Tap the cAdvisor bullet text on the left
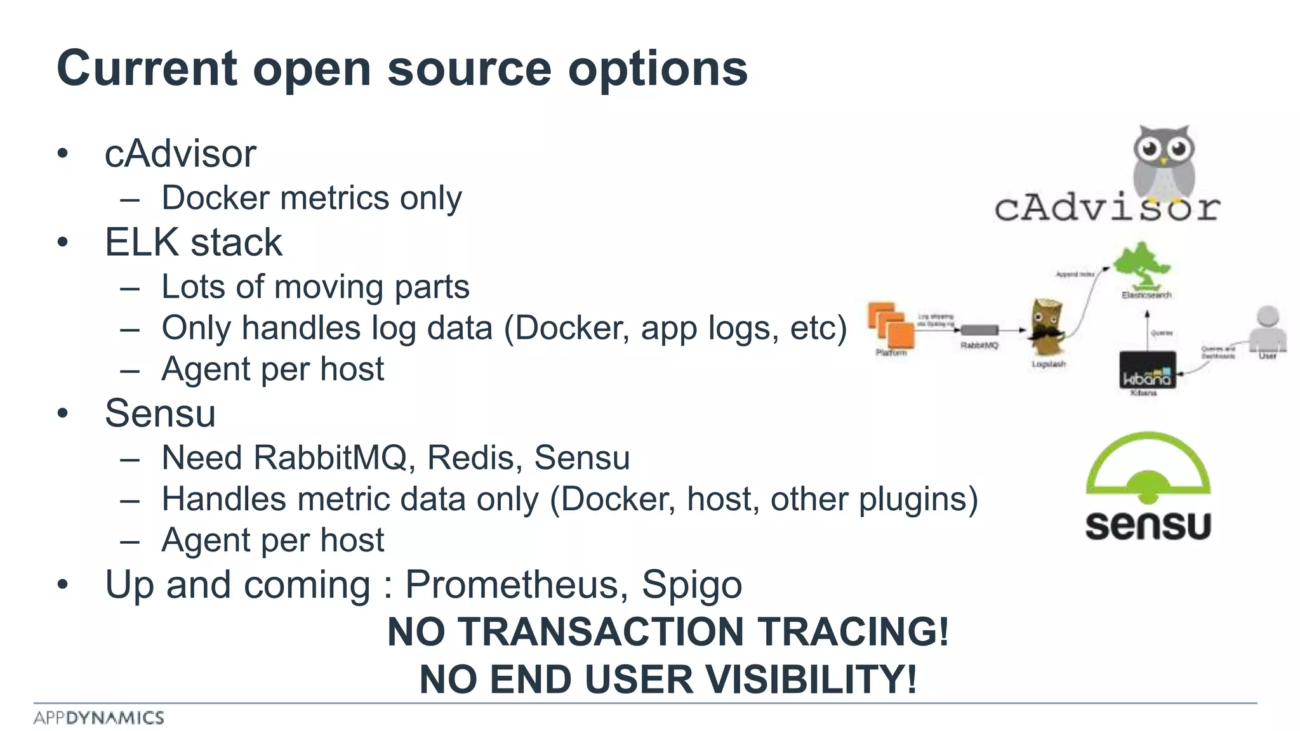pyautogui.click(x=180, y=154)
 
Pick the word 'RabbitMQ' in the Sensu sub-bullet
pyautogui.click(x=329, y=458)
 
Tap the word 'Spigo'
pyautogui.click(x=691, y=584)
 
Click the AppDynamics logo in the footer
pyautogui.click(x=99, y=718)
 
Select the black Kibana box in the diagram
pyautogui.click(x=1146, y=370)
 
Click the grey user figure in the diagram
pyautogui.click(x=1267, y=328)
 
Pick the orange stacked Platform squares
pyautogui.click(x=891, y=325)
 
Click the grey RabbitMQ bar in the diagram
pyautogui.click(x=979, y=330)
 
